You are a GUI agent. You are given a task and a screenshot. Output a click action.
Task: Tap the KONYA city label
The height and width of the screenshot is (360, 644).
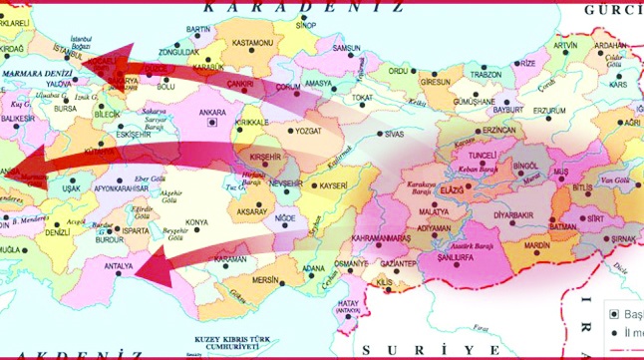(x=196, y=221)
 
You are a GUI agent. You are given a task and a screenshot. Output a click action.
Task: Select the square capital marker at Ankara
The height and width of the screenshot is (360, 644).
(x=209, y=124)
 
